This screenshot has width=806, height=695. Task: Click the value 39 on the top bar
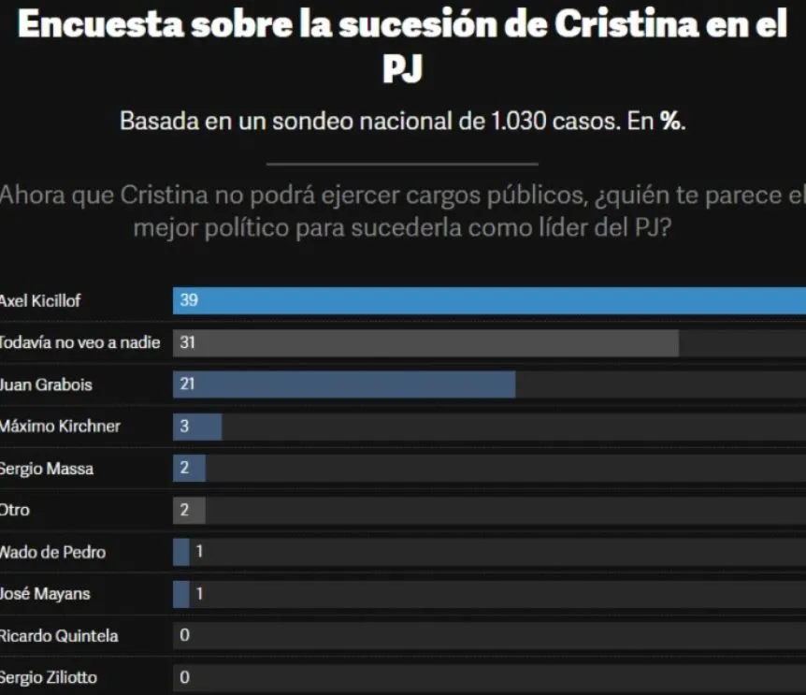pos(188,301)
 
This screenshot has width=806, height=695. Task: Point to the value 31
pos(187,343)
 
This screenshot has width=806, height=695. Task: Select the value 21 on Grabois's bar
pos(187,384)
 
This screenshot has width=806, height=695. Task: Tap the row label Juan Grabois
pos(46,384)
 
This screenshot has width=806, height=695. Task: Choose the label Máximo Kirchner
pos(60,427)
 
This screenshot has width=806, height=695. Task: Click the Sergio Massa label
pos(47,469)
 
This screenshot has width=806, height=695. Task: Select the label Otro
pos(15,511)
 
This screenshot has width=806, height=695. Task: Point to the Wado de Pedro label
pos(52,552)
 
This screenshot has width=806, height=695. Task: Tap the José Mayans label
pos(45,594)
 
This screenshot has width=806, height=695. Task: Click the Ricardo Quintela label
pos(58,636)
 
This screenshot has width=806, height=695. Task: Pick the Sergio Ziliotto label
pos(48,677)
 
